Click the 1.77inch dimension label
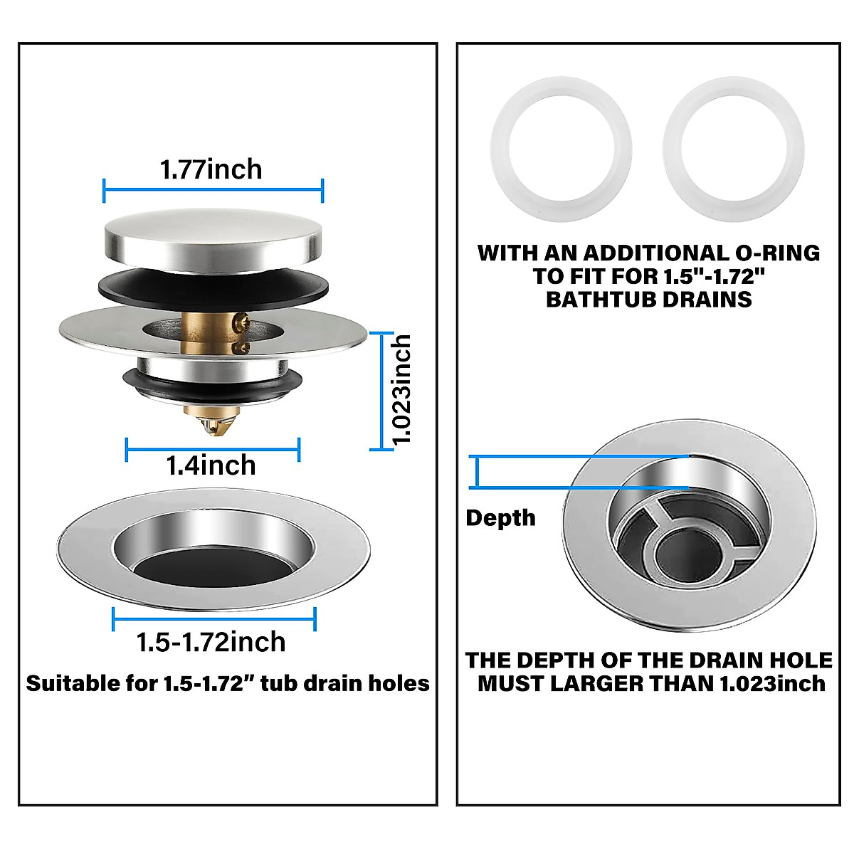(211, 169)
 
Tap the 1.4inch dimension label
(211, 465)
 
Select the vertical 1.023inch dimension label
(402, 390)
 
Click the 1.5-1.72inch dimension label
(211, 642)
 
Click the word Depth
(500, 518)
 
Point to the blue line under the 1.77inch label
(213, 189)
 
